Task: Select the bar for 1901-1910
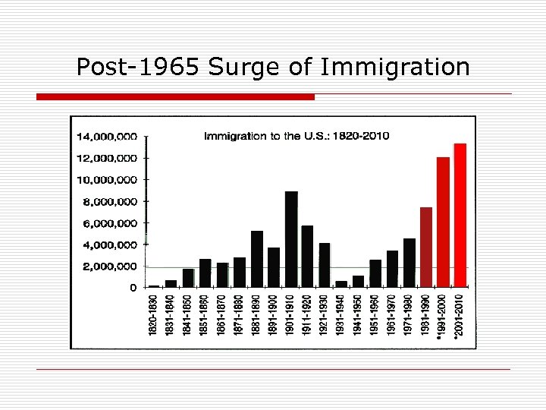(291, 239)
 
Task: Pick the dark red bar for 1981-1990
(426, 247)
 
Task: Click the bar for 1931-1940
(341, 284)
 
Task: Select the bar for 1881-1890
(257, 259)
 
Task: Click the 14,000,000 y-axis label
(106, 137)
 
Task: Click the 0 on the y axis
(133, 288)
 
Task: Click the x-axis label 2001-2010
(458, 315)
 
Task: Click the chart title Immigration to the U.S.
(296, 136)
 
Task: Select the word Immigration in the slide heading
(395, 68)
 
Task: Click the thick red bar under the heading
(176, 97)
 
